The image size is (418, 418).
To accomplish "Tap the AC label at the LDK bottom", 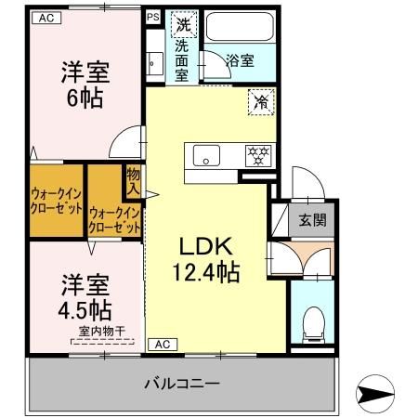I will coord(163,344).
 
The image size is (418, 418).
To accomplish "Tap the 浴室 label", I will coord(241,61).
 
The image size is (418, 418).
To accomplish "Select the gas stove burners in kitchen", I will coord(255,154).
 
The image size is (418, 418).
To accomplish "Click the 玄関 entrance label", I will coord(312,220).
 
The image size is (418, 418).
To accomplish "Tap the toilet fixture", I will coord(312,320).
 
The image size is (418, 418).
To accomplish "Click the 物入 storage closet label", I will coord(133,180).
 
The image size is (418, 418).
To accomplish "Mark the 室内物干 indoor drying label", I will coord(101,332).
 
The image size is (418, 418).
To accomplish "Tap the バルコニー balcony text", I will coord(182,383).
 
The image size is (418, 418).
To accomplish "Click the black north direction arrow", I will coord(380,395).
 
